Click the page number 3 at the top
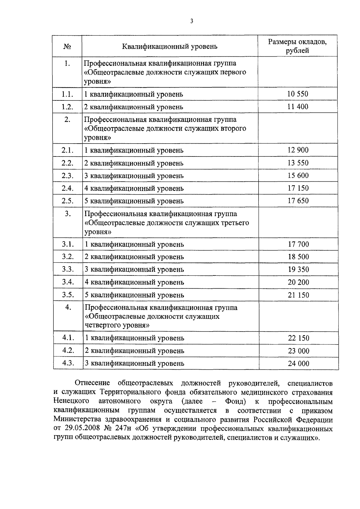[191, 21]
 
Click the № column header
[67, 46]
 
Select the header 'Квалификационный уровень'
[169, 46]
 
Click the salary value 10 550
[298, 94]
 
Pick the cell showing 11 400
[298, 106]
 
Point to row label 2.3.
[67, 176]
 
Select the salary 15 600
[298, 175]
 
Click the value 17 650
[298, 201]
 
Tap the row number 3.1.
[68, 244]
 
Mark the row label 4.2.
[68, 350]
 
